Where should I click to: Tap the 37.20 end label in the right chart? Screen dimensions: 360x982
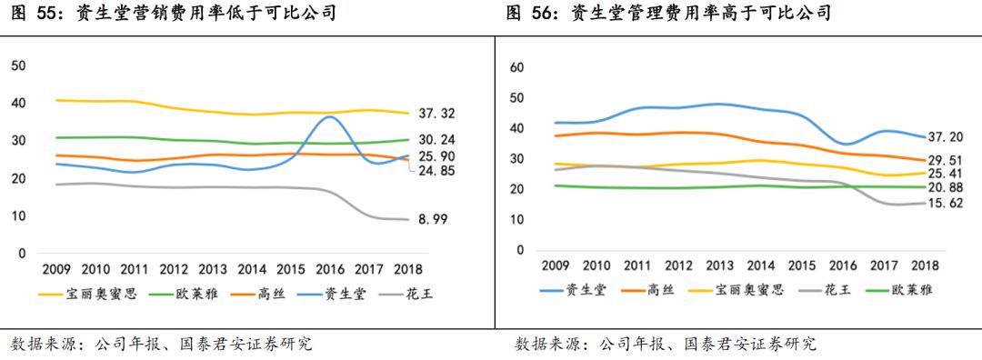pos(945,137)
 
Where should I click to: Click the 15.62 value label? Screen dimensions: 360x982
pos(945,204)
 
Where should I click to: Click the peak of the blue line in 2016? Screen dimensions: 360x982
pos(330,117)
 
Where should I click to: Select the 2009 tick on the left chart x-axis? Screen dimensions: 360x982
pos(58,270)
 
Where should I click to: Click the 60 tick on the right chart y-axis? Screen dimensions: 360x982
pos(517,67)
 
